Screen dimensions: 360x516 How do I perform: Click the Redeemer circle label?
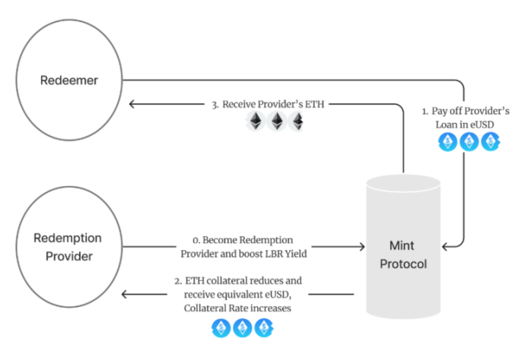69,80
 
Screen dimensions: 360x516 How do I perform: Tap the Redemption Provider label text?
68,247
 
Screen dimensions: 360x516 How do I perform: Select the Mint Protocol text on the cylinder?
403,255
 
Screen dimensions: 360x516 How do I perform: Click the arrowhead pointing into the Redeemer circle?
131,104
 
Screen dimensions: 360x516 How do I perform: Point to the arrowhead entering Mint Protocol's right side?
445,246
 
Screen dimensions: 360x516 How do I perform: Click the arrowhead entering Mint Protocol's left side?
362,246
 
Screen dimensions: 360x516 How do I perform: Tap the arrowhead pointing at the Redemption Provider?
124,294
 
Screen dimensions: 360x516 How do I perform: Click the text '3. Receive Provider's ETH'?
268,104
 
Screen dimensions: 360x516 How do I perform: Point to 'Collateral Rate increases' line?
238,308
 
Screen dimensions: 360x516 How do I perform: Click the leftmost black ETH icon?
256,121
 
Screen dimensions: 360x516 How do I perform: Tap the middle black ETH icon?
277,121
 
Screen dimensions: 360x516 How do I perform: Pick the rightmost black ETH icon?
298,121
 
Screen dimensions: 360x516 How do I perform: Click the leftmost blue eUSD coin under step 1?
448,142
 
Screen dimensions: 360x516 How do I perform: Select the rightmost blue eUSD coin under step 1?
491,142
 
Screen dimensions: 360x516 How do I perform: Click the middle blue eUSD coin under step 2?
242,328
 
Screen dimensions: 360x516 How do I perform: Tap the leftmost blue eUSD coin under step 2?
221,328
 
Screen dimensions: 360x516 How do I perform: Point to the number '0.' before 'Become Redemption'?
196,240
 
